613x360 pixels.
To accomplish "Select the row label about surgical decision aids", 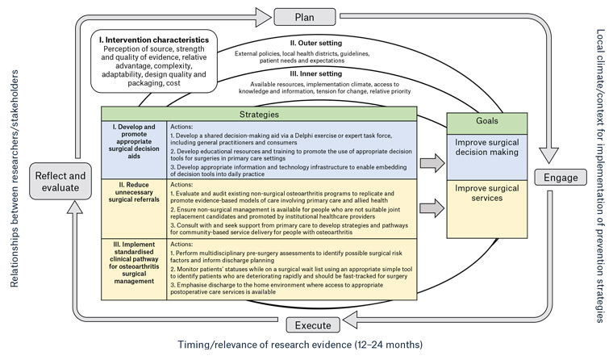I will point(133,143).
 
